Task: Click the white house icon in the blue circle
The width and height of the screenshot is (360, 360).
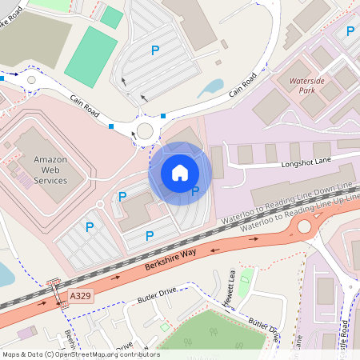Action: click(180, 172)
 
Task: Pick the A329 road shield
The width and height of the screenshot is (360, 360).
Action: click(80, 296)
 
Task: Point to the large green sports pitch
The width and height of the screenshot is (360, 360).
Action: click(90, 56)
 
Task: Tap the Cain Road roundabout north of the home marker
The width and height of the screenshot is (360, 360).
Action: click(146, 131)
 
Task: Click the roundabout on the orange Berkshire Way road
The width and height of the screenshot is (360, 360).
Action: click(305, 226)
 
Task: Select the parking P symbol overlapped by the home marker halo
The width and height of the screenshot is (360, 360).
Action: click(195, 191)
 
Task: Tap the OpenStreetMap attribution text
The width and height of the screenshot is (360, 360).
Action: click(80, 354)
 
